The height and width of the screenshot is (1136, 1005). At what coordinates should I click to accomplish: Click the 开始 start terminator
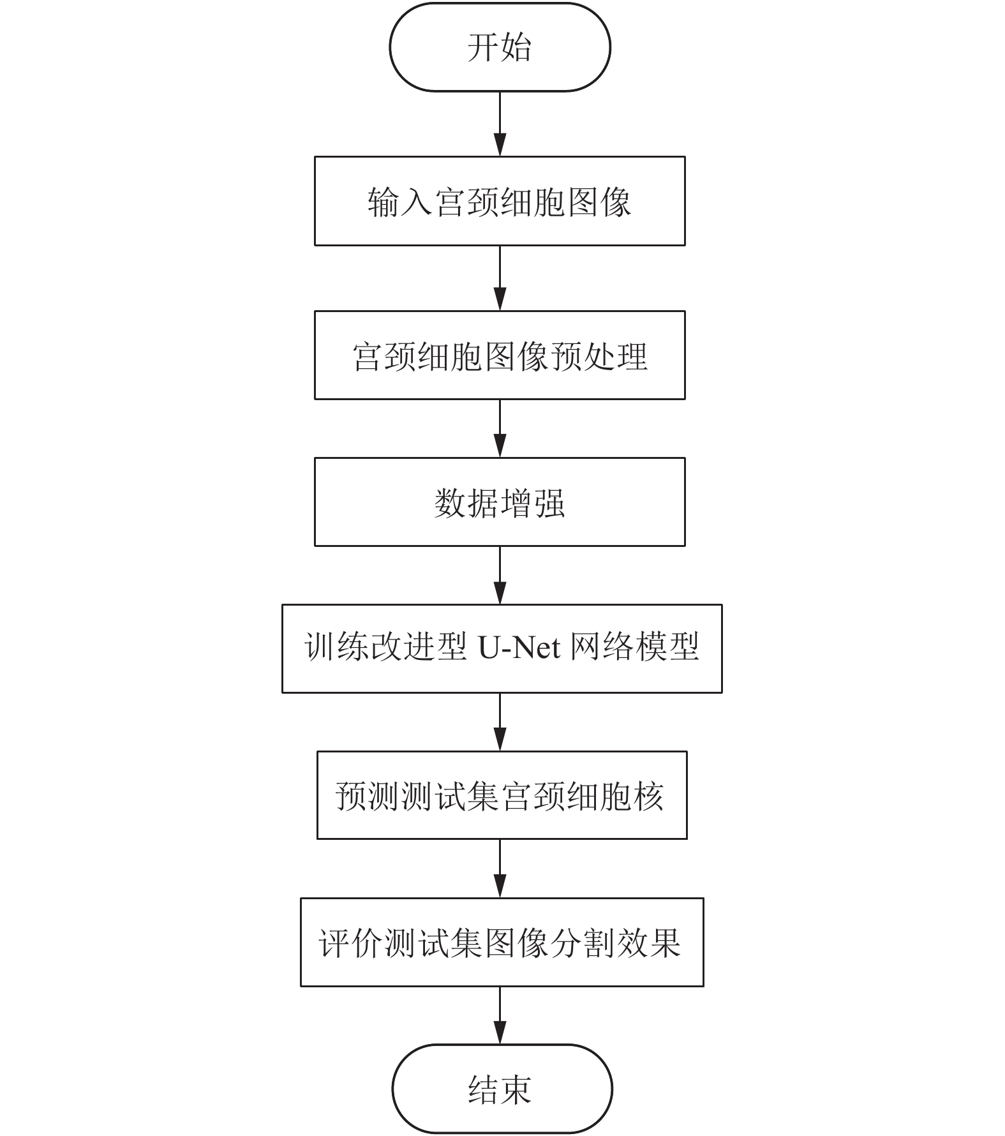click(500, 47)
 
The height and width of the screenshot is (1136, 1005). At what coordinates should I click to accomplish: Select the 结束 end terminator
click(502, 1089)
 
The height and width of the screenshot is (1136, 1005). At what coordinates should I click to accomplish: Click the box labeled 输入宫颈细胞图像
click(500, 201)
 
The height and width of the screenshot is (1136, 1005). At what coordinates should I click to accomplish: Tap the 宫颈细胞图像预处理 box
click(500, 355)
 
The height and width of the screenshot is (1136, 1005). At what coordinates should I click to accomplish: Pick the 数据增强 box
click(500, 502)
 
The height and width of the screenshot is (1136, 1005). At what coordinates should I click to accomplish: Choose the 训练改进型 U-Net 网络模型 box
click(502, 649)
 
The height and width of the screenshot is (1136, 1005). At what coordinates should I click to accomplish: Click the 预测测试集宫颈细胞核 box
click(502, 796)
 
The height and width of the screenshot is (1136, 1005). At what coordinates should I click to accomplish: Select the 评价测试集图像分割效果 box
click(502, 943)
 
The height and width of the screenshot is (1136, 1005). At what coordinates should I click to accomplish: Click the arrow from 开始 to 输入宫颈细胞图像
click(500, 124)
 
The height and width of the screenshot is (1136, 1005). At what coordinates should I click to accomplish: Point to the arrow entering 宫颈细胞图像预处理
click(500, 278)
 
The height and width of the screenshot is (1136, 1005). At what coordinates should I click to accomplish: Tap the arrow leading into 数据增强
click(500, 429)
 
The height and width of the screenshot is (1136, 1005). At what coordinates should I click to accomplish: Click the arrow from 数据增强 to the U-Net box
click(500, 576)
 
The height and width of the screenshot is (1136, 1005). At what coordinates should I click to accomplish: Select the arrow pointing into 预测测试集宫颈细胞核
click(500, 722)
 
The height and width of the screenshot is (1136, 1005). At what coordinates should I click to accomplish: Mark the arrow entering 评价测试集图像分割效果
click(500, 869)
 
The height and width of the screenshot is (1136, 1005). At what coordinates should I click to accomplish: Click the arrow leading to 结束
click(500, 1016)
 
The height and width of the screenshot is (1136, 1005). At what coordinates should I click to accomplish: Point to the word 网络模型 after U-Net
click(635, 648)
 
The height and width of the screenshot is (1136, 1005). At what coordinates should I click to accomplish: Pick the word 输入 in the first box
click(400, 202)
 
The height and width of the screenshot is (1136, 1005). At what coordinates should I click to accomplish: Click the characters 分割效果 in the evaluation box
click(616, 943)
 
